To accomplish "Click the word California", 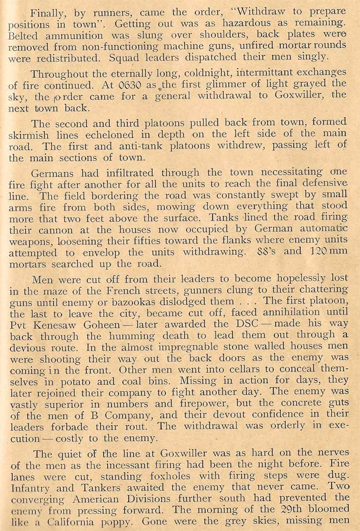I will point(68,523).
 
